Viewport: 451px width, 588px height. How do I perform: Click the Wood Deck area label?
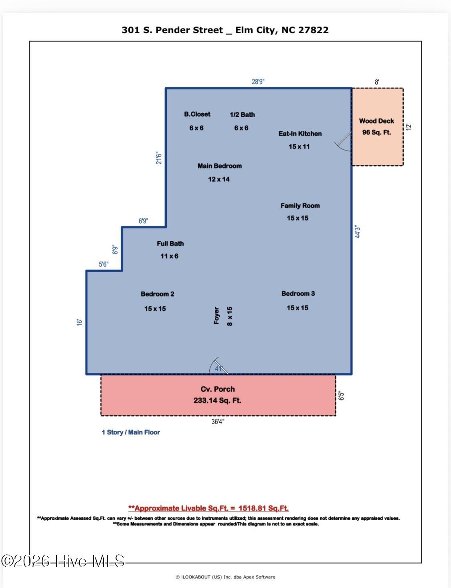point(376,121)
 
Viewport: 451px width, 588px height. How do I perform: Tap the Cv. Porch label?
point(218,389)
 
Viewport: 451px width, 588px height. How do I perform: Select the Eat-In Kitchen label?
point(300,134)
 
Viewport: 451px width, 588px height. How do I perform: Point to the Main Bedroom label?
point(219,166)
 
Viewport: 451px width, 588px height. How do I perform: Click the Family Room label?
point(300,205)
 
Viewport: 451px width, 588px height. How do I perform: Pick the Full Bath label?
point(170,243)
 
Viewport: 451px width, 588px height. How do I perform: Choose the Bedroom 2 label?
point(157,294)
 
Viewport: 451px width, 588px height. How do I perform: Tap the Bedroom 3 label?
point(298,293)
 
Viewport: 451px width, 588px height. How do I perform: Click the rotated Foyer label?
point(216,315)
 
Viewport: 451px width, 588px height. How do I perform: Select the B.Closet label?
point(197,114)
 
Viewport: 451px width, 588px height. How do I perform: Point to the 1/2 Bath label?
point(242,115)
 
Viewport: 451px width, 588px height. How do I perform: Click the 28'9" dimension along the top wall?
point(258,82)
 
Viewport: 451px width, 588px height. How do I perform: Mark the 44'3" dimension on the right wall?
point(358,232)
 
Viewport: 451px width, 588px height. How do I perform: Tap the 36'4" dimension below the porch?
point(218,422)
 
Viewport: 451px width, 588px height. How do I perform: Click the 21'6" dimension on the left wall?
point(159,158)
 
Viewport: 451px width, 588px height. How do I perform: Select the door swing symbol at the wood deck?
point(343,143)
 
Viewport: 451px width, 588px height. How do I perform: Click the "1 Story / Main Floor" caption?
point(131,432)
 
